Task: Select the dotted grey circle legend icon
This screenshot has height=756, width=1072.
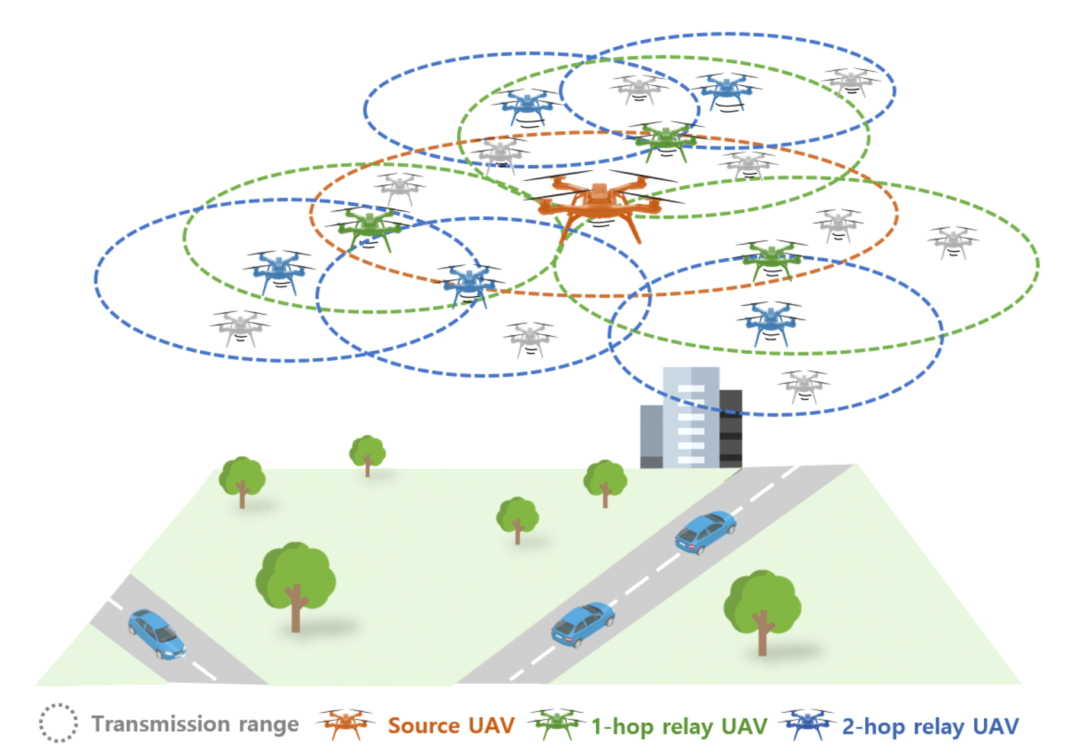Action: click(x=58, y=723)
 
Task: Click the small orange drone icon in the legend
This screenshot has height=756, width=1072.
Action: click(x=345, y=723)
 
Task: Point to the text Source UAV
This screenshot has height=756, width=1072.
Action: click(x=451, y=725)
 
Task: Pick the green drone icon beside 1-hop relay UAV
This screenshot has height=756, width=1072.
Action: click(x=556, y=723)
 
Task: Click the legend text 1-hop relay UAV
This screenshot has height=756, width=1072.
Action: click(x=679, y=726)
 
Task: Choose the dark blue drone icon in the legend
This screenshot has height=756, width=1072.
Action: click(x=807, y=723)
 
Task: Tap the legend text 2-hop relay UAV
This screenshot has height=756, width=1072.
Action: click(x=930, y=726)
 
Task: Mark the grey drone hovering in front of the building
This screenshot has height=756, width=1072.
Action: click(x=804, y=386)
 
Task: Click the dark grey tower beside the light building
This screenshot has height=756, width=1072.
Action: click(x=731, y=428)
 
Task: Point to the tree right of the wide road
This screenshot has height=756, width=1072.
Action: click(x=762, y=610)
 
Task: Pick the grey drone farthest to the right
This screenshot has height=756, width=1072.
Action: click(x=952, y=242)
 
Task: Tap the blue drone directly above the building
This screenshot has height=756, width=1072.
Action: click(x=770, y=323)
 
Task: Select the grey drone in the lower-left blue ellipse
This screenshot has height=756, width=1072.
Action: click(x=240, y=327)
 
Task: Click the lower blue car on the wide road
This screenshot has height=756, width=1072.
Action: click(x=583, y=624)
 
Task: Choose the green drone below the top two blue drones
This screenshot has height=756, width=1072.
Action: click(x=665, y=140)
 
